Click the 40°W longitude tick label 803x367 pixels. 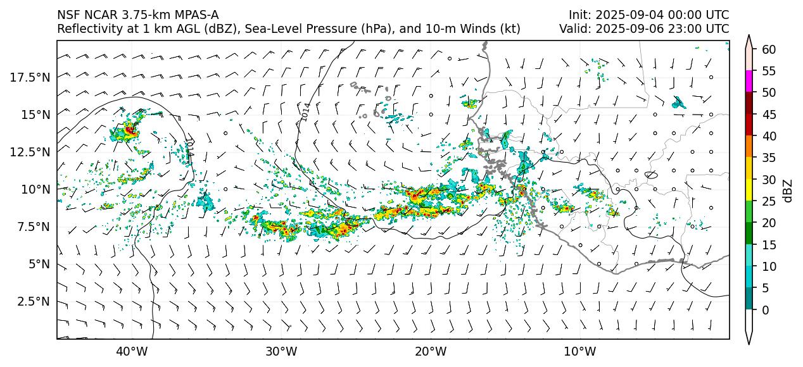[132, 352]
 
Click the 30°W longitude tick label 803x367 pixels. [281, 352]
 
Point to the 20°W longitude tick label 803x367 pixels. [431, 352]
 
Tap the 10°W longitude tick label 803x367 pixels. [579, 352]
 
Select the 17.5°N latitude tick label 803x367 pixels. [31, 77]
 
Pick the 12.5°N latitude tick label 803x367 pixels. [31, 152]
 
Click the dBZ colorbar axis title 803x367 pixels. [788, 190]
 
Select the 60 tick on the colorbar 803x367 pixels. [769, 49]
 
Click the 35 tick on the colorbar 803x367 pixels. [769, 158]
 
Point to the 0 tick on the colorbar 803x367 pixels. [765, 310]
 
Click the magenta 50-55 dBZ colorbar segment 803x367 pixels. [749, 82]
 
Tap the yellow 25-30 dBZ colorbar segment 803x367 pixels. [749, 190]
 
